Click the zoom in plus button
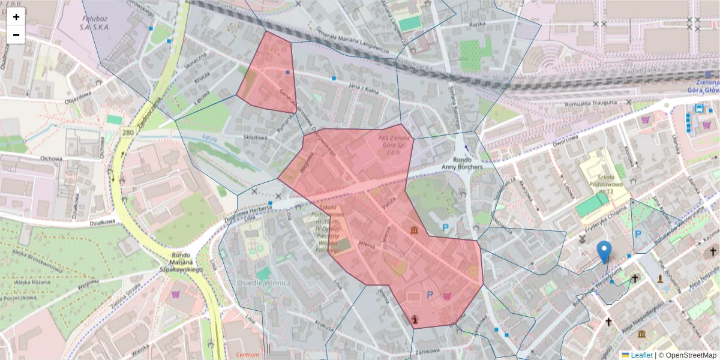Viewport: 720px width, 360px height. coord(16,17)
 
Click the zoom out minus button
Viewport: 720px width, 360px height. coord(16,35)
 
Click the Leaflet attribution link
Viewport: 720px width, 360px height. coord(641,355)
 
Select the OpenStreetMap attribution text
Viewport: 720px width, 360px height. coord(687,355)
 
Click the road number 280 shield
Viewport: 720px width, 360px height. coord(127,132)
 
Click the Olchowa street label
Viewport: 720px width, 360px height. coord(51,159)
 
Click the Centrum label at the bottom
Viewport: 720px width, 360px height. coord(247,355)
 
